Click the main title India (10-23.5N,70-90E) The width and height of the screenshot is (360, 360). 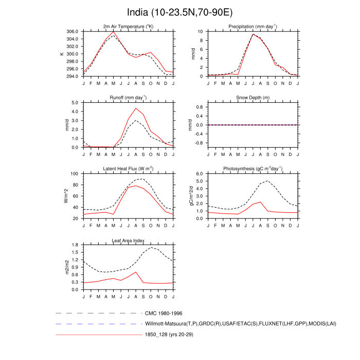tap(179, 12)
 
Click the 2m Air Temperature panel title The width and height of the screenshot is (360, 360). tap(129, 27)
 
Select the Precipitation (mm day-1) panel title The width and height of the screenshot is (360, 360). tap(253, 27)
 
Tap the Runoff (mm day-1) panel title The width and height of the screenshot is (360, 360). tap(129, 98)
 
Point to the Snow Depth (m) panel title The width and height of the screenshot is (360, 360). tap(253, 98)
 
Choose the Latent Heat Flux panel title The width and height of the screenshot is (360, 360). tap(129, 169)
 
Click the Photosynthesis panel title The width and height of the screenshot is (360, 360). tap(253, 169)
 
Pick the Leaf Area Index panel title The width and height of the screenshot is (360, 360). tap(129, 240)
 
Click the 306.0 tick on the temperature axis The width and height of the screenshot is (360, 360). tap(72, 31)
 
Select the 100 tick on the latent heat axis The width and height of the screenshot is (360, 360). tap(74, 174)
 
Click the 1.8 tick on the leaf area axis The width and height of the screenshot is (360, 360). tap(74, 245)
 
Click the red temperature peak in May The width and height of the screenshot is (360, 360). tap(114, 32)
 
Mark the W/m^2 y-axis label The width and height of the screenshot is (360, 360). tap(66, 196)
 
